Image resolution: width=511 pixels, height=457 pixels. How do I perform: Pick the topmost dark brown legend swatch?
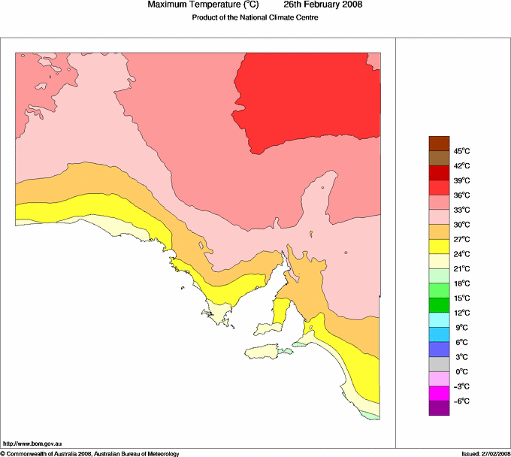439,143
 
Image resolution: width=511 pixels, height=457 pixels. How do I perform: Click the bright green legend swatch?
439,290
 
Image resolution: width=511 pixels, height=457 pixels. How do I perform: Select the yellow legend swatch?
439,246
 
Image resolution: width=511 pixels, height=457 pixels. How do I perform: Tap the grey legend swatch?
439,364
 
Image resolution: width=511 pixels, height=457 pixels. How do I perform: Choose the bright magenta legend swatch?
439,393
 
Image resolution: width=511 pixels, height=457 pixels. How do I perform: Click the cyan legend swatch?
439,319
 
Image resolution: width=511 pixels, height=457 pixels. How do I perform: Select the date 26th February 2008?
322,5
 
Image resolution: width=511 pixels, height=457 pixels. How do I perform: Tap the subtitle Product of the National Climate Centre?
255,18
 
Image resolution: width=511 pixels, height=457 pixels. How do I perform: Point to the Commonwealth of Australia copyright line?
90,453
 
